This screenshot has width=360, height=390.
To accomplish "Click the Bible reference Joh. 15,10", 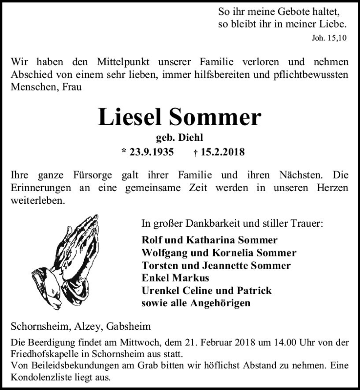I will [x=329, y=38].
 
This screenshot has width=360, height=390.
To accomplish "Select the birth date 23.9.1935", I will [x=152, y=152].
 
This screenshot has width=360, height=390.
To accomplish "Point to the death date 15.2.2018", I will [x=222, y=152].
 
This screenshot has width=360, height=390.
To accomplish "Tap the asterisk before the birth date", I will [x=124, y=152].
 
